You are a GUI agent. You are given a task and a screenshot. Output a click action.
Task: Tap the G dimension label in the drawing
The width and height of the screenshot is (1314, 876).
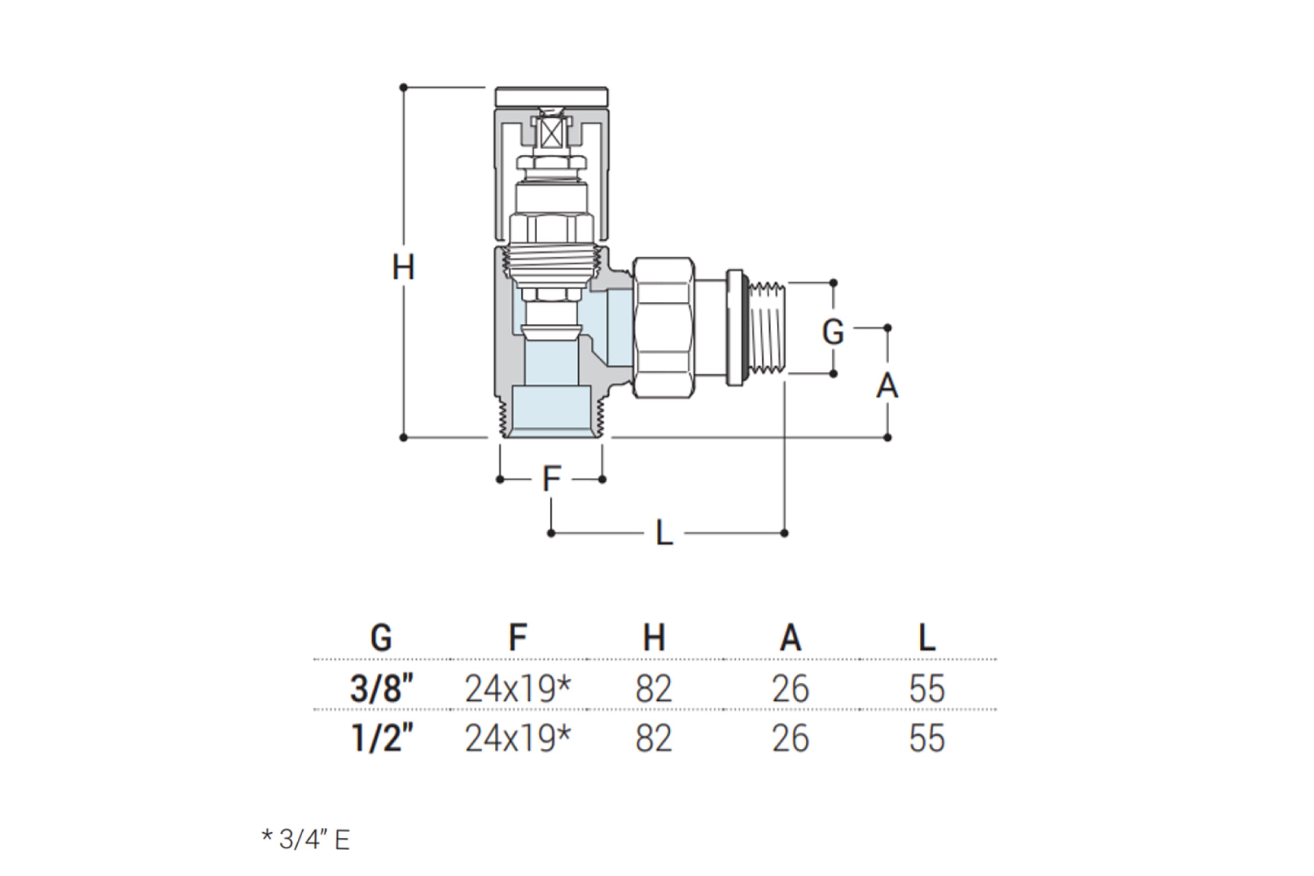click(x=832, y=332)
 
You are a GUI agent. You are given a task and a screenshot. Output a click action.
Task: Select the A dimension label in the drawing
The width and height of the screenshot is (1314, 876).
click(x=886, y=385)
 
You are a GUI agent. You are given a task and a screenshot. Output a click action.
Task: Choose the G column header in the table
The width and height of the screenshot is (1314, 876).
click(x=381, y=637)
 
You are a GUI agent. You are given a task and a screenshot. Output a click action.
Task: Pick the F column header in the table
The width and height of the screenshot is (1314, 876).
click(x=517, y=637)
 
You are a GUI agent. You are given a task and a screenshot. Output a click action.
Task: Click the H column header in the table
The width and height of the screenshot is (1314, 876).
click(x=654, y=637)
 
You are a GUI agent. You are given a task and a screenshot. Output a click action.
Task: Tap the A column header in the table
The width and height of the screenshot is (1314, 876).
click(x=791, y=637)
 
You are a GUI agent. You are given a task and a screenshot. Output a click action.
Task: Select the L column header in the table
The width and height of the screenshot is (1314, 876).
click(x=927, y=637)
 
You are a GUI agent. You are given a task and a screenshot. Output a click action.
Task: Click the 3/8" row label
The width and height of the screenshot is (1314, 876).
click(x=382, y=688)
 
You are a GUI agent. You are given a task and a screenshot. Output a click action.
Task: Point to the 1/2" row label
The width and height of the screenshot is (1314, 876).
click(x=382, y=739)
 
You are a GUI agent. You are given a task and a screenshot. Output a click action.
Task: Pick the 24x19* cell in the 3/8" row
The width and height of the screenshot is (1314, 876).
click(x=518, y=689)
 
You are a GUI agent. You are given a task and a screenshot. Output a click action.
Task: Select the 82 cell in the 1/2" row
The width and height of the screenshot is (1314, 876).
click(x=654, y=739)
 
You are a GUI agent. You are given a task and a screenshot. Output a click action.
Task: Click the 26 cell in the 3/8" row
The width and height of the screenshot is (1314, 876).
click(x=791, y=689)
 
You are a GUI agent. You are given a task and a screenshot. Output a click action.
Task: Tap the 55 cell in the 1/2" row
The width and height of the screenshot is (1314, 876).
click(x=927, y=739)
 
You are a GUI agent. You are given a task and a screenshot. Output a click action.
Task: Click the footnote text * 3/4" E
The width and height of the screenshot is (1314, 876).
click(x=306, y=839)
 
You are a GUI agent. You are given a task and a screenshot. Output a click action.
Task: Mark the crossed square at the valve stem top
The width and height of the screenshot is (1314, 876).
click(x=551, y=134)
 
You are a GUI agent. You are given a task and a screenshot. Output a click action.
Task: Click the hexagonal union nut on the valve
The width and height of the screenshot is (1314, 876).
click(x=664, y=327)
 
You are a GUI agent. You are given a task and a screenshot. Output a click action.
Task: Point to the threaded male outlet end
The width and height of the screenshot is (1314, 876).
click(x=767, y=328)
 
